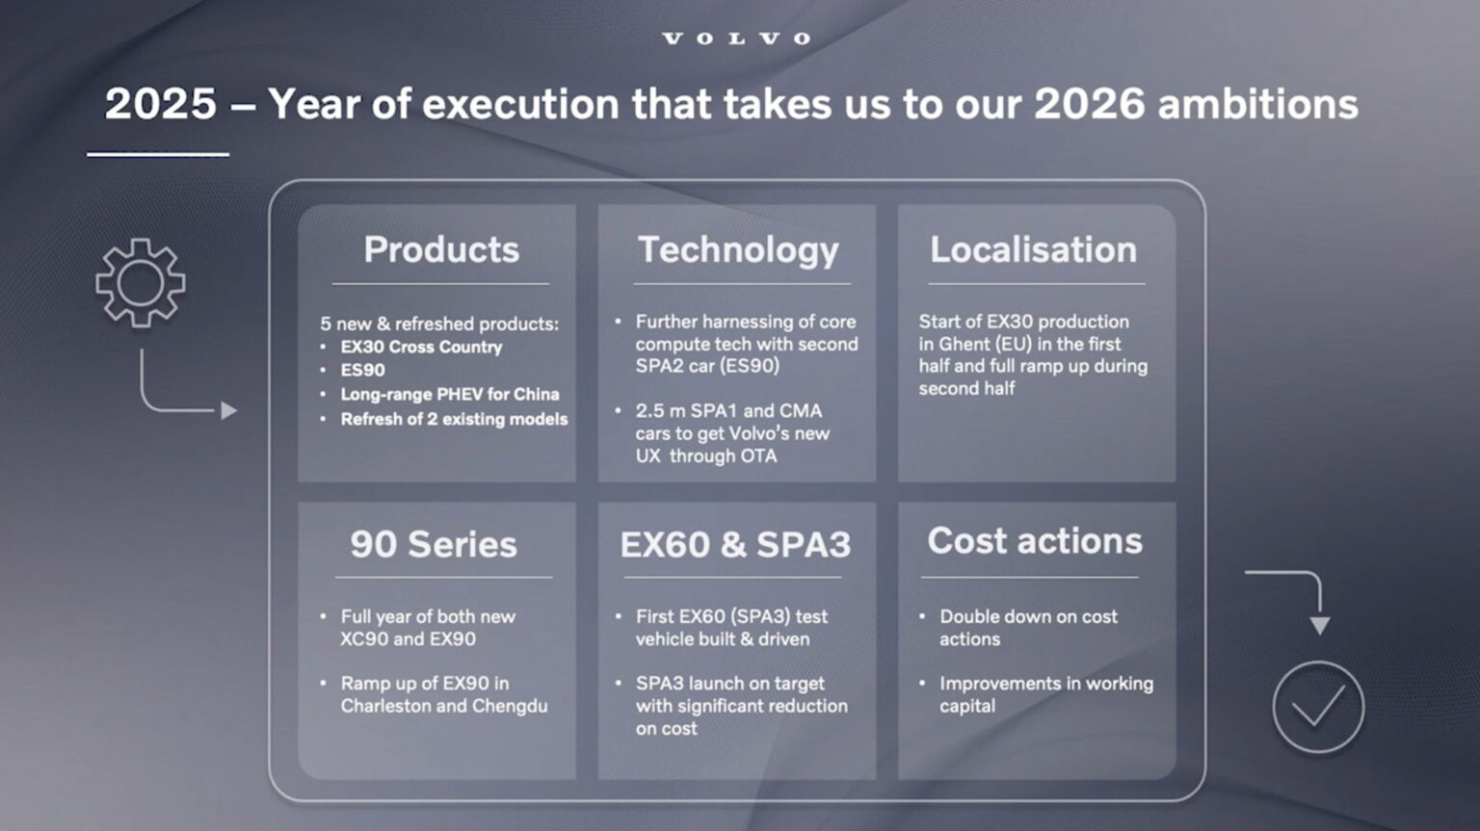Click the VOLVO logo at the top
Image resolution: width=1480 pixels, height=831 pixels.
tap(737, 39)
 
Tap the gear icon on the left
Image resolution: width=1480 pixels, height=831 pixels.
tap(141, 283)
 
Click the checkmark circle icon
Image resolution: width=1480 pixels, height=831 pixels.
tap(1318, 708)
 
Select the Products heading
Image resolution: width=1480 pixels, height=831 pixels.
tap(441, 249)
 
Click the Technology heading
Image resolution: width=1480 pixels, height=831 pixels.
tap(738, 249)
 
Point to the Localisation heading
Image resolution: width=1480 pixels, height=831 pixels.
tap(1033, 249)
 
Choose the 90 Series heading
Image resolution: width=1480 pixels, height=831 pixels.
tap(434, 544)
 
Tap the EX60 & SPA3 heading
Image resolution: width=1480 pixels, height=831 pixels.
tap(735, 544)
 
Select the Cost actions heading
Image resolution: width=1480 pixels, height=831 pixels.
tap(1035, 541)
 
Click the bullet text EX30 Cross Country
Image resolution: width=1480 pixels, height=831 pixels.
tap(421, 347)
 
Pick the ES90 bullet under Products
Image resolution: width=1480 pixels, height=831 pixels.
tap(362, 370)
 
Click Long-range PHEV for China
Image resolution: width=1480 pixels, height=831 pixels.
tap(449, 394)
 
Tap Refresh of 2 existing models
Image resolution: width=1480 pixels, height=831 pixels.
tap(454, 419)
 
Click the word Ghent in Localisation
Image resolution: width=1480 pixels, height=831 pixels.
tap(965, 344)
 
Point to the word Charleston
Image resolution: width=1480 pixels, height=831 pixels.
tap(384, 706)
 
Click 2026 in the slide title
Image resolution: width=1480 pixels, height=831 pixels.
tap(1090, 104)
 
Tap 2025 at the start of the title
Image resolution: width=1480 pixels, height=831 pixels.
tap(161, 104)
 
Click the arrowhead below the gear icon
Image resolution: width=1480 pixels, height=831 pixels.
tap(229, 411)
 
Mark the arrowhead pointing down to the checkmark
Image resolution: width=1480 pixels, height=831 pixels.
tap(1319, 625)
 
